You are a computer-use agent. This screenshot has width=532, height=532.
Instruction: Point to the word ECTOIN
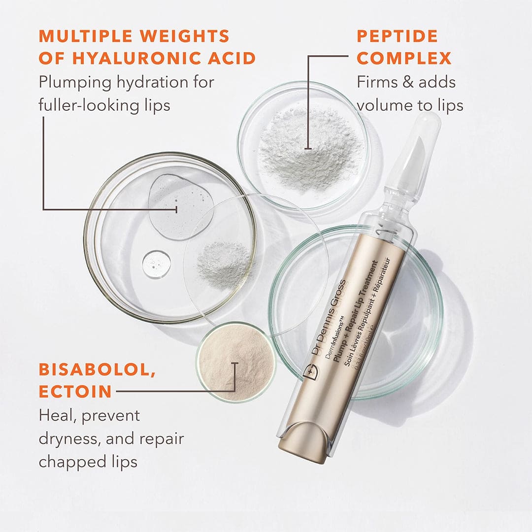coord(75,392)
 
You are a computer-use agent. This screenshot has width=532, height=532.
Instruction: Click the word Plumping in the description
coord(74,82)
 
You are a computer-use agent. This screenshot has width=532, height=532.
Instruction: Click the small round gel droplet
coord(157,265)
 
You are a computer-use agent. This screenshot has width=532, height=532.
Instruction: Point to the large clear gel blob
coord(180,206)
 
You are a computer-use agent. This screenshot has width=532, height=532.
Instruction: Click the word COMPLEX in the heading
coord(404,58)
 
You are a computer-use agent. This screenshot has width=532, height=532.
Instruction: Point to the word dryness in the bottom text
coord(66,438)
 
